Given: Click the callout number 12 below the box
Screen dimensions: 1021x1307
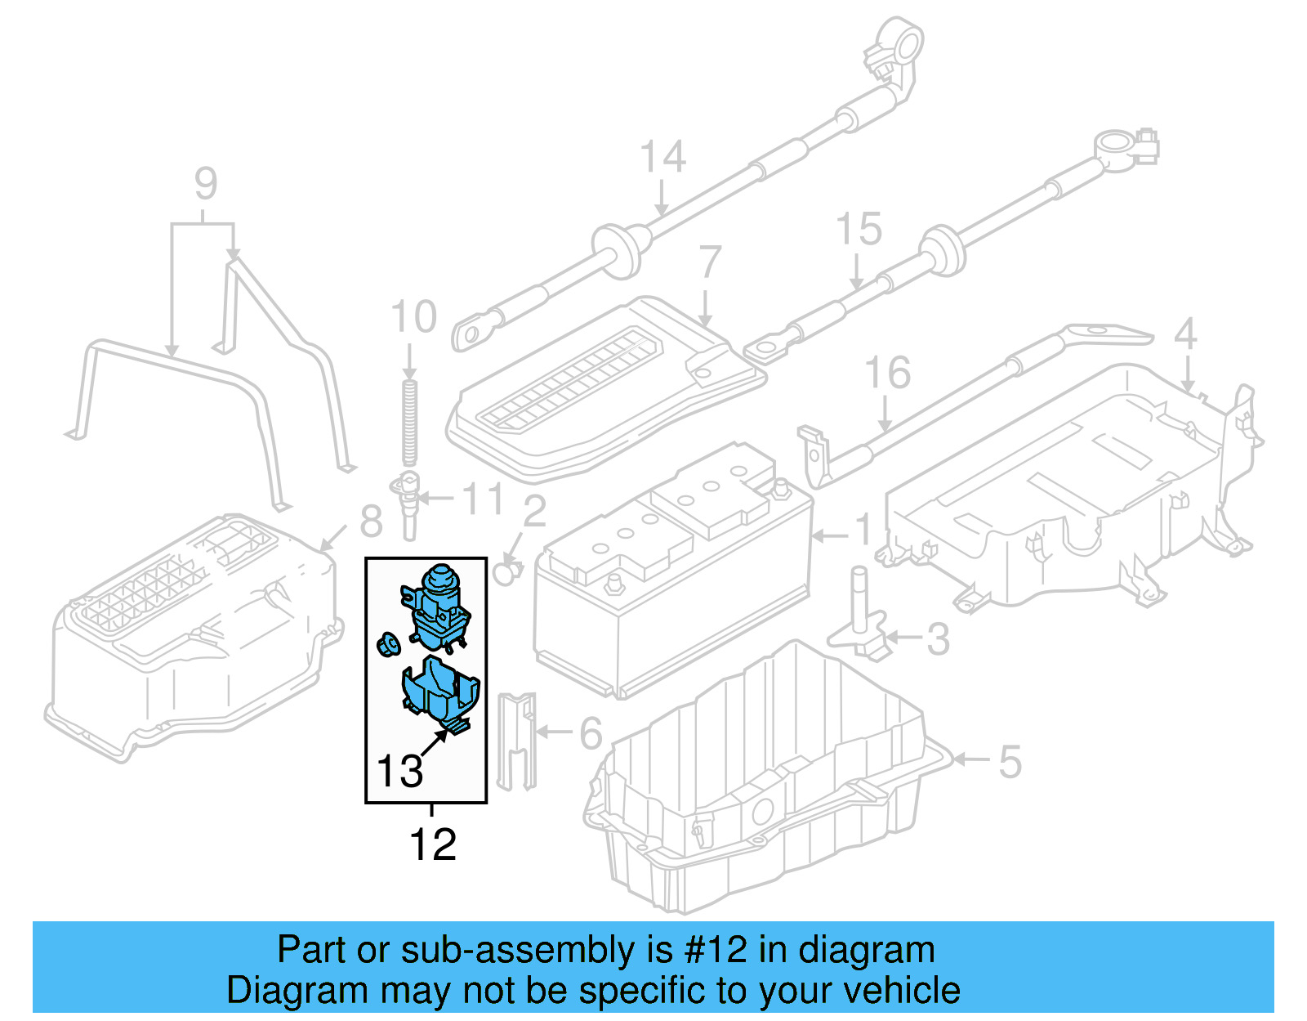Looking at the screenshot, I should point(432,844).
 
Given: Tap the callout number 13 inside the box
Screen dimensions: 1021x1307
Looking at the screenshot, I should point(399,771).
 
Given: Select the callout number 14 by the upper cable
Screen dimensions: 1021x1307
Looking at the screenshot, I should point(662,156).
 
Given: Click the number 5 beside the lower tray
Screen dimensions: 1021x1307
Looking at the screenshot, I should point(1010,761).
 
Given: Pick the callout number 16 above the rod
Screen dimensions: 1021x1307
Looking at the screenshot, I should point(887,373).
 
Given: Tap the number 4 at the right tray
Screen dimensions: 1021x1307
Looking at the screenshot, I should point(1184,334).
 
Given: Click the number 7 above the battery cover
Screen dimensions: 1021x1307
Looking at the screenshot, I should point(710,262).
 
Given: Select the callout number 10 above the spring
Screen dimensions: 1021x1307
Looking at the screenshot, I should point(413,317).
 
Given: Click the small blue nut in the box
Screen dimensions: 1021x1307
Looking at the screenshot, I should point(387,644).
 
